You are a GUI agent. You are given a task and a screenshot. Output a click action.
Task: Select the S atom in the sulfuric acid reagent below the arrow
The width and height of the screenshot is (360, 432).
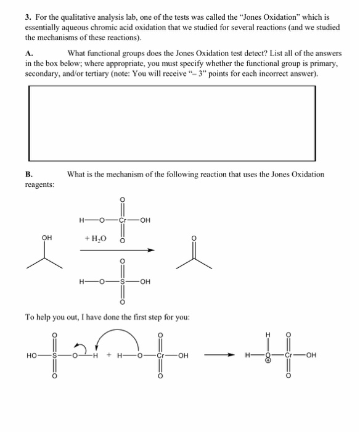121,283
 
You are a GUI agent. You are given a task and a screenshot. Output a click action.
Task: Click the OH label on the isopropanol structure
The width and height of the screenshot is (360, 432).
47,236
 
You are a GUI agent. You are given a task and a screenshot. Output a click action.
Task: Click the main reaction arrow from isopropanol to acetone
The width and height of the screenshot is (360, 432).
117,251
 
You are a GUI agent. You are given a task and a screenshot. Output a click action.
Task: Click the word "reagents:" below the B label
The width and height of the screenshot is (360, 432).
39,185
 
